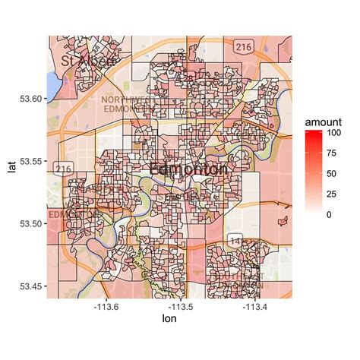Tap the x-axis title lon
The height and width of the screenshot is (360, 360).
pyautogui.click(x=169, y=321)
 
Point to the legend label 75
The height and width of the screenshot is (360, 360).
pyautogui.click(x=333, y=154)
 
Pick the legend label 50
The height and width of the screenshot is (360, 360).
pyautogui.click(x=333, y=175)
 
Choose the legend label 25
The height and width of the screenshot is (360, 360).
pyautogui.click(x=333, y=195)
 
